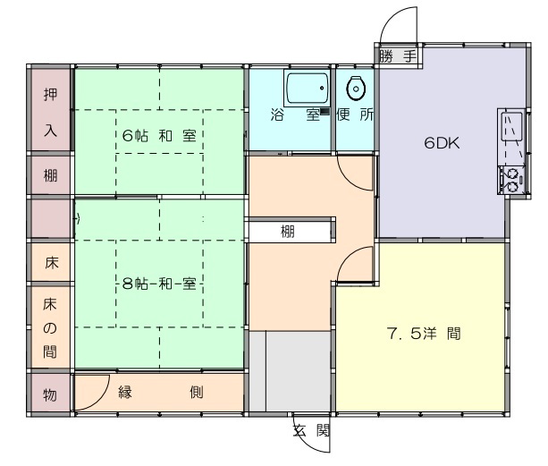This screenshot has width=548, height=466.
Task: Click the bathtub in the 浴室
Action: coord(307,88)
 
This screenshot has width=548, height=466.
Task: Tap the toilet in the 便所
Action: coord(356,88)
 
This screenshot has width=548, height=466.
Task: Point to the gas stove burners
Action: coord(512,180)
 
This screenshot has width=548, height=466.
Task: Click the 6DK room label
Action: coord(442,143)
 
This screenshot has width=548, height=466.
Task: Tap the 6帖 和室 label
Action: coord(159,136)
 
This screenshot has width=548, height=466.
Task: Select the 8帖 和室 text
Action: coord(159,284)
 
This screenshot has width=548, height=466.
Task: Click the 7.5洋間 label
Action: coord(424,334)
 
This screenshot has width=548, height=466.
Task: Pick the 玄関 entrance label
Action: coord(311,431)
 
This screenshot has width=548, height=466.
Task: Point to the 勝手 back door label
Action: coord(398,56)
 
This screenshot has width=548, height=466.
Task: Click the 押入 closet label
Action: coord(50,112)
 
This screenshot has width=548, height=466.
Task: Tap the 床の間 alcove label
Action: coord(50,328)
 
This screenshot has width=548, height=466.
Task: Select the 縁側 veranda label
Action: coord(160,393)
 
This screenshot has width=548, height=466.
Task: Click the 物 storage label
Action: coord(50,395)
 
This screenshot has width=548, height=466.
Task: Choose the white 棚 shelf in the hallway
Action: coord(289,231)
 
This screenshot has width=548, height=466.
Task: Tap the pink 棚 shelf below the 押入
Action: coord(50,174)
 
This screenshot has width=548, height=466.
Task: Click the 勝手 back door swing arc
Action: coord(392,18)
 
